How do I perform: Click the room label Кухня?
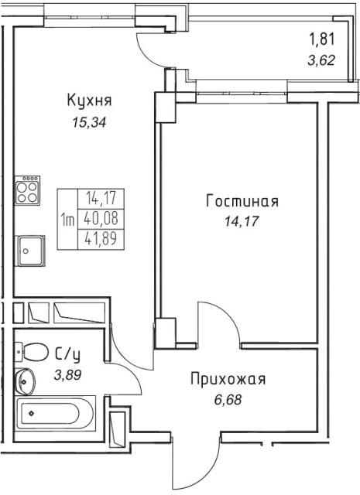click(90, 101)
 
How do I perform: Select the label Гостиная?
click(242, 202)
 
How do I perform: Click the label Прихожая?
click(228, 379)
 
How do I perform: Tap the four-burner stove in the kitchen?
click(28, 190)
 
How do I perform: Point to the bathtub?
click(54, 415)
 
